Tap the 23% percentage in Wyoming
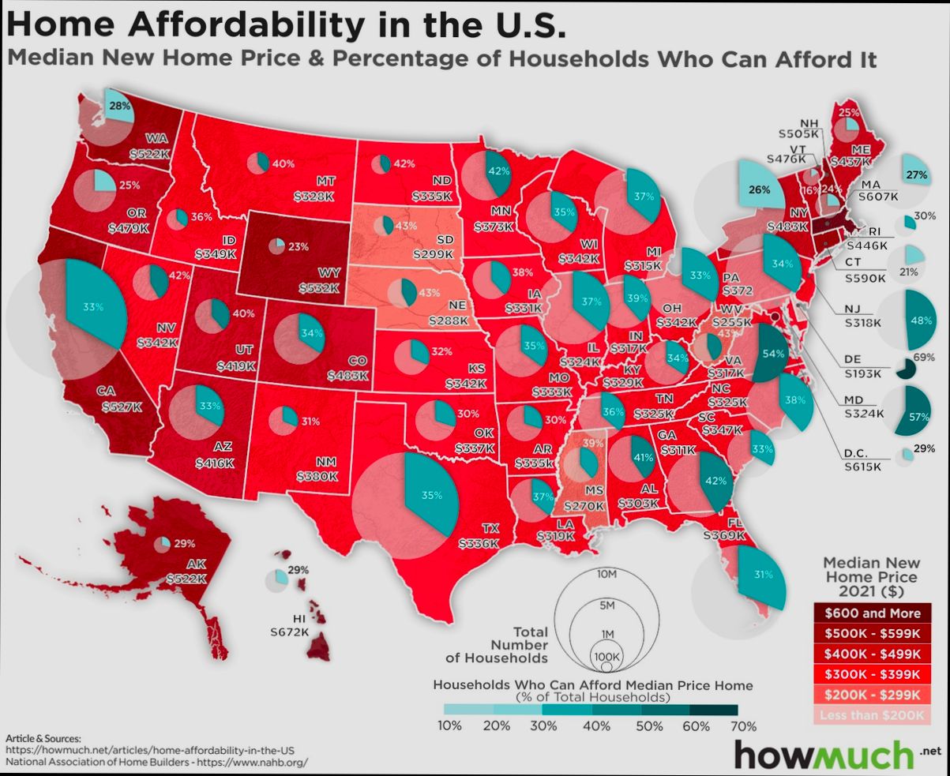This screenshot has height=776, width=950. coord(299,246)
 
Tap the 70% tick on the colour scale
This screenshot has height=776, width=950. coord(744,726)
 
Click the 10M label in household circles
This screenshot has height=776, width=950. coord(606,574)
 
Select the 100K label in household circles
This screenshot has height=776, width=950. coord(606,656)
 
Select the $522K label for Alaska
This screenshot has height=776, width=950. coord(186,579)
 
